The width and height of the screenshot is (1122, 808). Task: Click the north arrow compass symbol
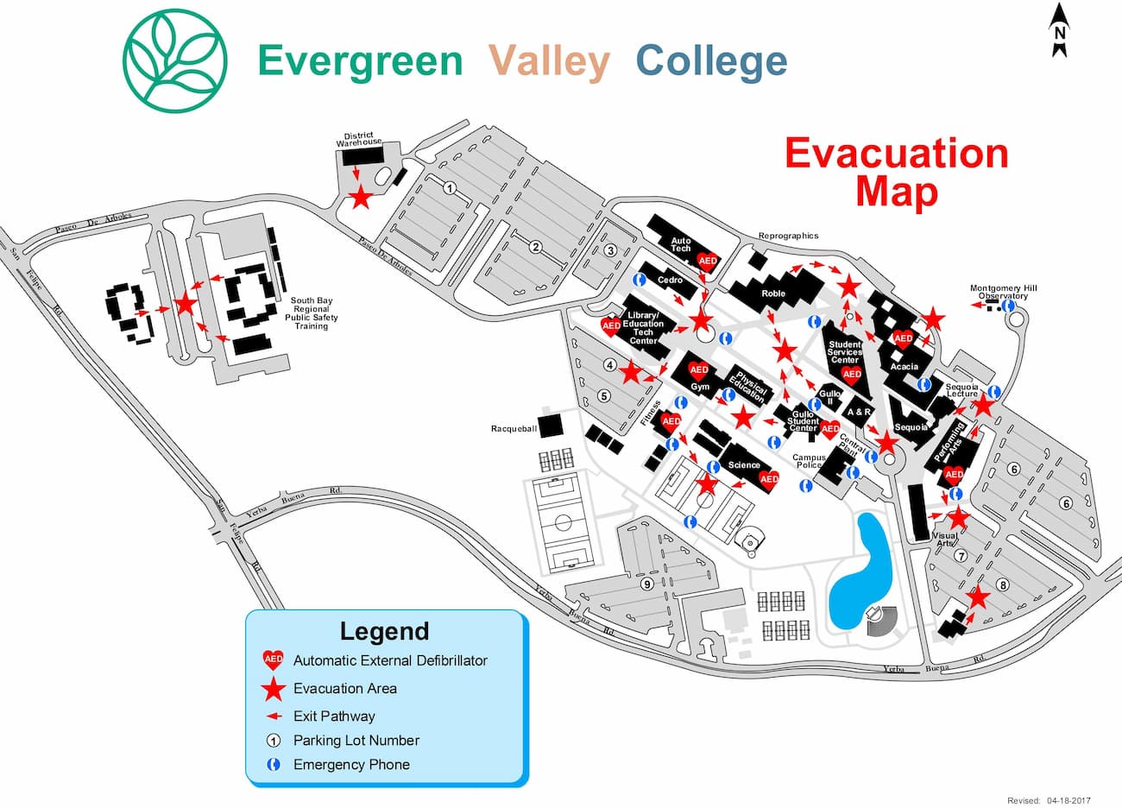(x=1060, y=31)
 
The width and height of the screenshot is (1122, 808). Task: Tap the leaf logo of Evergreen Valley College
(x=175, y=60)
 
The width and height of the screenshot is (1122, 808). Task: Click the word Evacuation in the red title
(x=897, y=154)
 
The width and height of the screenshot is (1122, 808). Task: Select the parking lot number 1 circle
(x=449, y=186)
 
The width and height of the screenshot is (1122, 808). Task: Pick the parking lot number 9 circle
(x=646, y=584)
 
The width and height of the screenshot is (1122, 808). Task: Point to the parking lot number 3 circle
(x=610, y=250)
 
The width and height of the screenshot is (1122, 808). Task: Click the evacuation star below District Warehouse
(x=360, y=198)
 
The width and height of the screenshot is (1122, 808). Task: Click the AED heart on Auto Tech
(x=708, y=261)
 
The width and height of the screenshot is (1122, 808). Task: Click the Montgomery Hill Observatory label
(x=1003, y=292)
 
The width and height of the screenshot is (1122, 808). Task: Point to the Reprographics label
(x=788, y=236)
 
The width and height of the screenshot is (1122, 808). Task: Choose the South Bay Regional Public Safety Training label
(x=311, y=313)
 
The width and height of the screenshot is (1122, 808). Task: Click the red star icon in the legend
(x=274, y=688)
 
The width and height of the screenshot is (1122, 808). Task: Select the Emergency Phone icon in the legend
(x=274, y=764)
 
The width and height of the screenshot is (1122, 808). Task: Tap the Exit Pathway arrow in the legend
(x=274, y=716)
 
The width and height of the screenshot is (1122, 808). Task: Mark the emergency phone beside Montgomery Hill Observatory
(x=1008, y=305)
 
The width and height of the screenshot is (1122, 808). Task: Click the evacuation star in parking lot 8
(x=977, y=597)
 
